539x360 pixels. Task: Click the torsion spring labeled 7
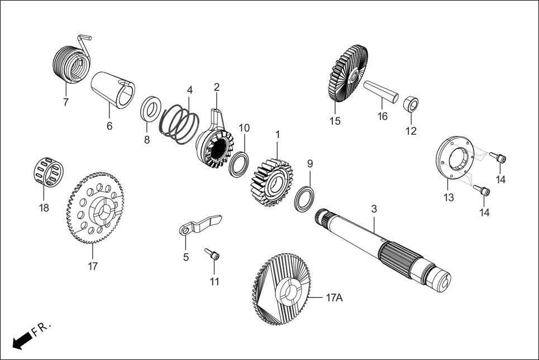point(71,63)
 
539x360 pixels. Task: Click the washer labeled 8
point(150,108)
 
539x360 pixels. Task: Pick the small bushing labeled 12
point(411,104)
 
